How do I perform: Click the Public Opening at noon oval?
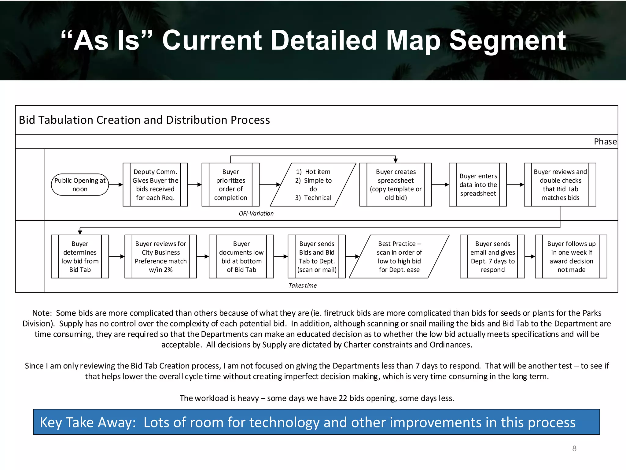click(80, 185)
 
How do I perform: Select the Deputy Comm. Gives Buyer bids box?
click(155, 185)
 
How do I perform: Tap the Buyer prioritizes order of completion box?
click(230, 185)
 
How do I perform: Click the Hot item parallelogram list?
click(313, 185)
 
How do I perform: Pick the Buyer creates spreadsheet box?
click(396, 185)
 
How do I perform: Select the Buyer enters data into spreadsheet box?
click(478, 185)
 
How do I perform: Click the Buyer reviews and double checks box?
click(560, 185)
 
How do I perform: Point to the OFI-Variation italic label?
click(256, 214)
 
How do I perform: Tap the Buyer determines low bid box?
click(80, 256)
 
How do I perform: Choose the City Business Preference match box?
click(160, 256)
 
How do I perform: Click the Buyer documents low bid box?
click(241, 256)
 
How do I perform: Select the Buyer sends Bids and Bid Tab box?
click(317, 256)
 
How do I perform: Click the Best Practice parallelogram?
click(399, 256)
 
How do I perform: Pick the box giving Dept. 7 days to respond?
click(492, 256)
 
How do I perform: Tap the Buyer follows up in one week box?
click(571, 256)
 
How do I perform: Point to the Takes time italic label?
click(303, 285)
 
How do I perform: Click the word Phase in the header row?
click(605, 142)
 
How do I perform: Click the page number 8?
click(574, 449)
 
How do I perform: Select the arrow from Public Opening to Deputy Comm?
click(116, 185)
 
